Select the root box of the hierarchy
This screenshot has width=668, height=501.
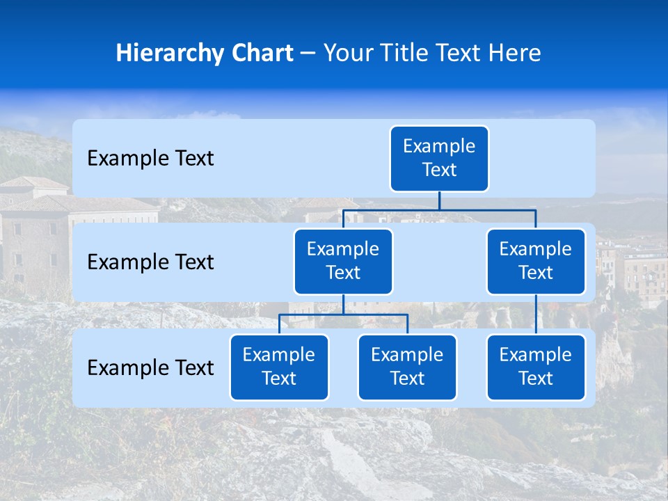439,158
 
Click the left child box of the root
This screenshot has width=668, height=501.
343,261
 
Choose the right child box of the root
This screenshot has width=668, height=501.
536,261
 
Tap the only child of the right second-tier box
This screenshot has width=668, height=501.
536,367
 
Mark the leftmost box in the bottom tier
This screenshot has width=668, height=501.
279,367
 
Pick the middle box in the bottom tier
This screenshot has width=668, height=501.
407,367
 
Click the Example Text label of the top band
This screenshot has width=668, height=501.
150,159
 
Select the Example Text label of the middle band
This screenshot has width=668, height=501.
150,262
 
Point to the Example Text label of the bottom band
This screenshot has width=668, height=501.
150,368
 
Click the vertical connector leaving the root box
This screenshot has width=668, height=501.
439,200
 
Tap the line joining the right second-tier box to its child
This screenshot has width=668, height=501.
536,315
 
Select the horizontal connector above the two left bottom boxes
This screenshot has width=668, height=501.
343,315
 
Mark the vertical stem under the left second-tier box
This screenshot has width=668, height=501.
343,304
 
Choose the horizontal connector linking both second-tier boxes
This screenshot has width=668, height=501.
439,209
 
